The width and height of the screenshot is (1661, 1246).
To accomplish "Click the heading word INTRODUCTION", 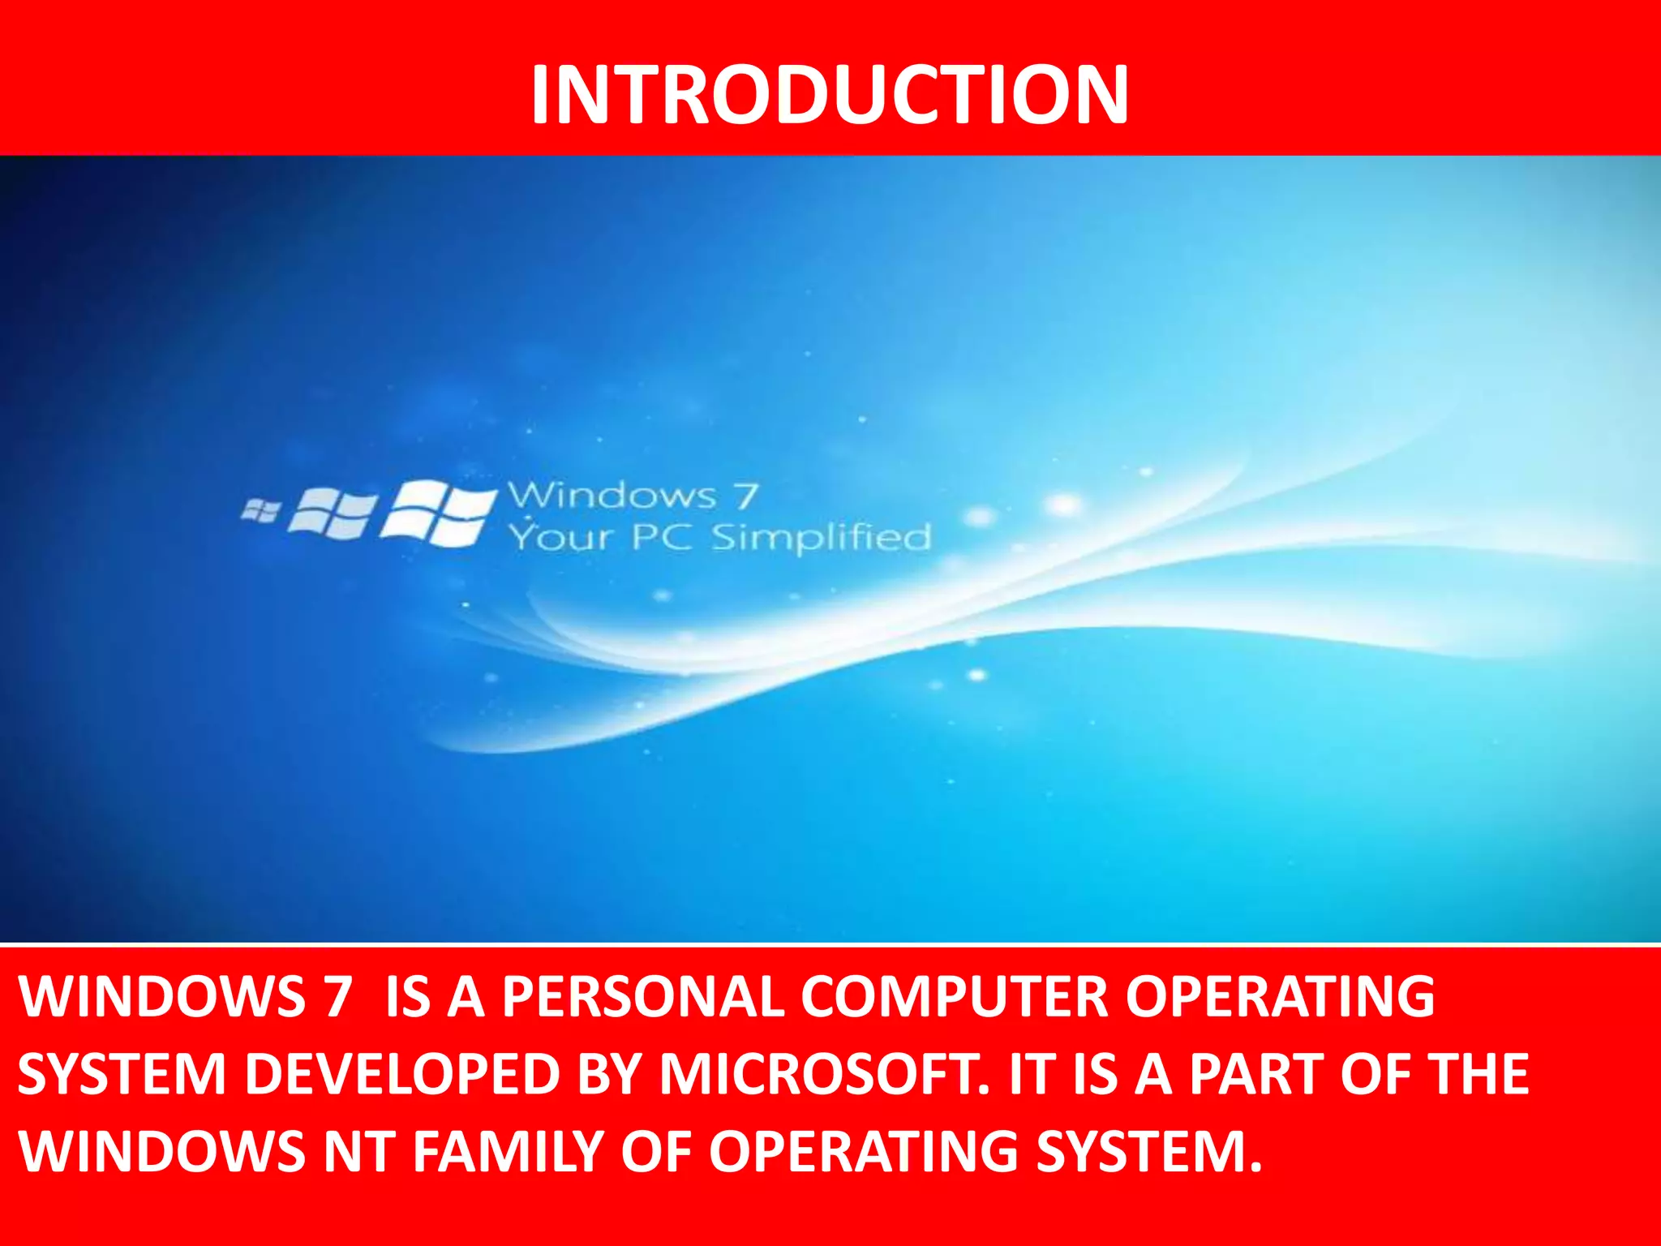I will (x=829, y=95).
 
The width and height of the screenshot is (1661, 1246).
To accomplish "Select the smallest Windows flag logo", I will (x=261, y=510).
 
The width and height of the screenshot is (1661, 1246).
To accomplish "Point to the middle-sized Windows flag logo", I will (x=333, y=513).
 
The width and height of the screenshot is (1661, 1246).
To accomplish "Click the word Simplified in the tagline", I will (x=821, y=537).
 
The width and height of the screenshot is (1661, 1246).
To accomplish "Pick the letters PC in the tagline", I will (x=661, y=537).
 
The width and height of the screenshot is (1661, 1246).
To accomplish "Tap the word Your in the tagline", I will (x=560, y=537).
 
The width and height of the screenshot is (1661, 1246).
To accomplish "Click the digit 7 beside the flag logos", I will (x=746, y=495).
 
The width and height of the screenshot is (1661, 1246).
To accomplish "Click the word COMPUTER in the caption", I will (x=954, y=996).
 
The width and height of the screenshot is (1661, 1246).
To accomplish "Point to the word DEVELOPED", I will (x=401, y=1074).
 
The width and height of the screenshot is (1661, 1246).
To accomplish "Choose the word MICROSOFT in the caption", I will (x=824, y=1074).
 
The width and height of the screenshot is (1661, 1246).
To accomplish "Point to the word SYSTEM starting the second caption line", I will (x=122, y=1074).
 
